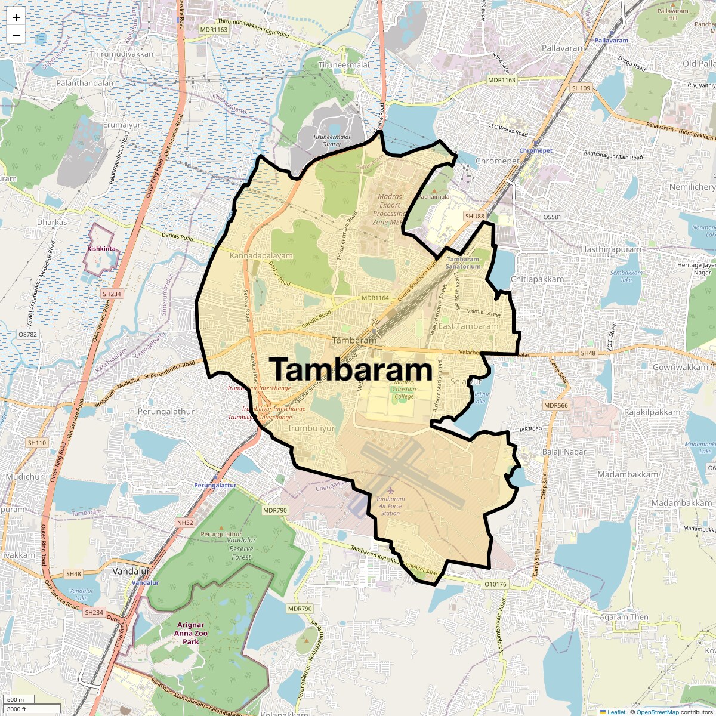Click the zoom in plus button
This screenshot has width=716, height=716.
click(x=16, y=17)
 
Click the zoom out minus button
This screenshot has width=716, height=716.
click(x=16, y=35)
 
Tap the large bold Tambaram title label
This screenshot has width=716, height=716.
click(x=351, y=369)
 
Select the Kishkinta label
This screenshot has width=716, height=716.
click(x=101, y=248)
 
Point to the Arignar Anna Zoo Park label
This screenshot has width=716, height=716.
click(x=190, y=633)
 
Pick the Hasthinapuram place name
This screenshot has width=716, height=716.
click(x=610, y=249)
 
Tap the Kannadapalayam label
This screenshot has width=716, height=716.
click(x=261, y=255)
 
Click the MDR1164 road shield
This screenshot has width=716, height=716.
click(x=375, y=298)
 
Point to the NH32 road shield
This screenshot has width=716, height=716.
click(x=185, y=523)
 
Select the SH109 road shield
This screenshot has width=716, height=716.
click(x=581, y=88)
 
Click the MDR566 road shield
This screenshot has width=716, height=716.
click(x=556, y=405)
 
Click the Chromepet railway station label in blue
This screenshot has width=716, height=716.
click(x=536, y=151)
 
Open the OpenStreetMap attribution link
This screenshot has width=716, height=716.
click(x=657, y=712)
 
